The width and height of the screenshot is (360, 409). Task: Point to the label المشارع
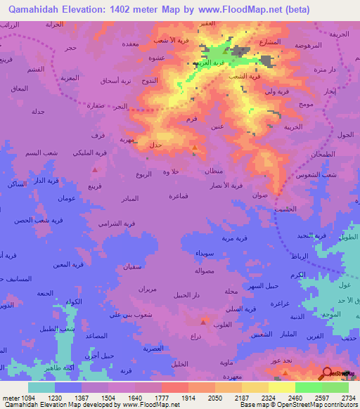270,41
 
